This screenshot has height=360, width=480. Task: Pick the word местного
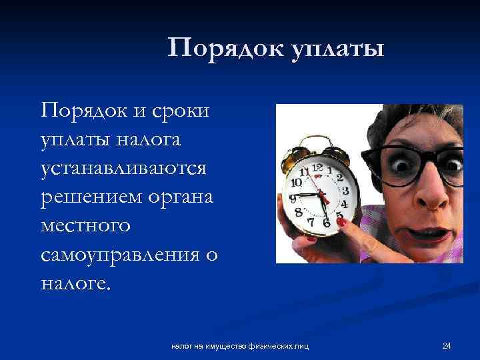tap(85, 226)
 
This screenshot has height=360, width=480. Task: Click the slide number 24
tap(447, 345)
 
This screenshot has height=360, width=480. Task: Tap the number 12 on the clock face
tap(317, 167)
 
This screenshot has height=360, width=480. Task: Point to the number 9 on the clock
tap(292, 198)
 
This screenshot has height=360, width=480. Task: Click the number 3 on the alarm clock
tap(345, 191)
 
